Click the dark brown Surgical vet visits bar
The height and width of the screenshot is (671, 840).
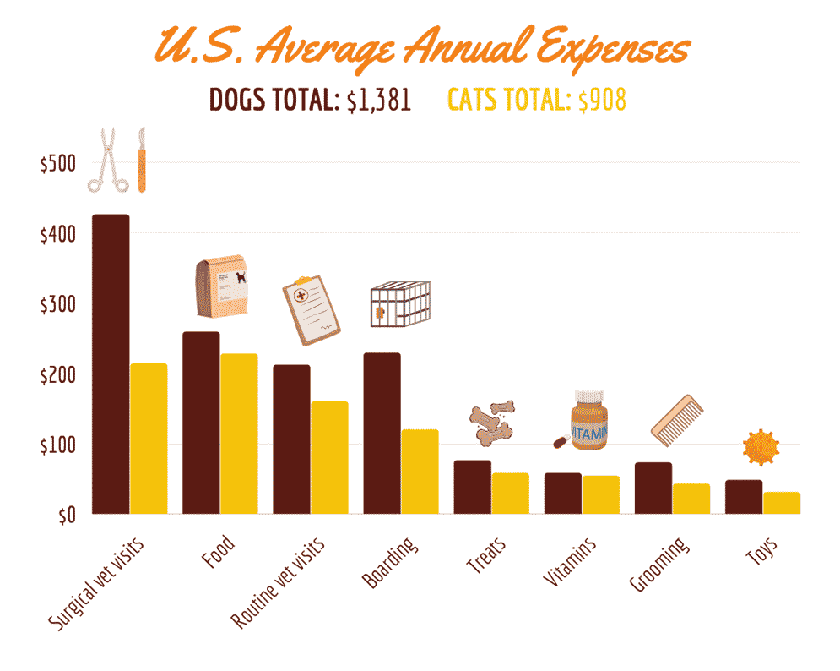pos(111,363)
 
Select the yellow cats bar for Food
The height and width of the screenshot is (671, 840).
pos(239,433)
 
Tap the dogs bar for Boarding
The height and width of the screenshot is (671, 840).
pos(382,433)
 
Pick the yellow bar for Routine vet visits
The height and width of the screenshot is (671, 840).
pos(329,456)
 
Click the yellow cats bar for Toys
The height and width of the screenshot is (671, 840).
pos(781,503)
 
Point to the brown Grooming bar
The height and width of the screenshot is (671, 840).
pos(653,488)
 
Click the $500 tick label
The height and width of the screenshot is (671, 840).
pos(57,164)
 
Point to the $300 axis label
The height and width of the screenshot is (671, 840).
pos(57,304)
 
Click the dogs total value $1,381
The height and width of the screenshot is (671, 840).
pos(379,101)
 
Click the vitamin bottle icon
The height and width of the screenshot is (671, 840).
pos(588,420)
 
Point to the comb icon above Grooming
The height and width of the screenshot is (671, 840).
pos(678,417)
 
